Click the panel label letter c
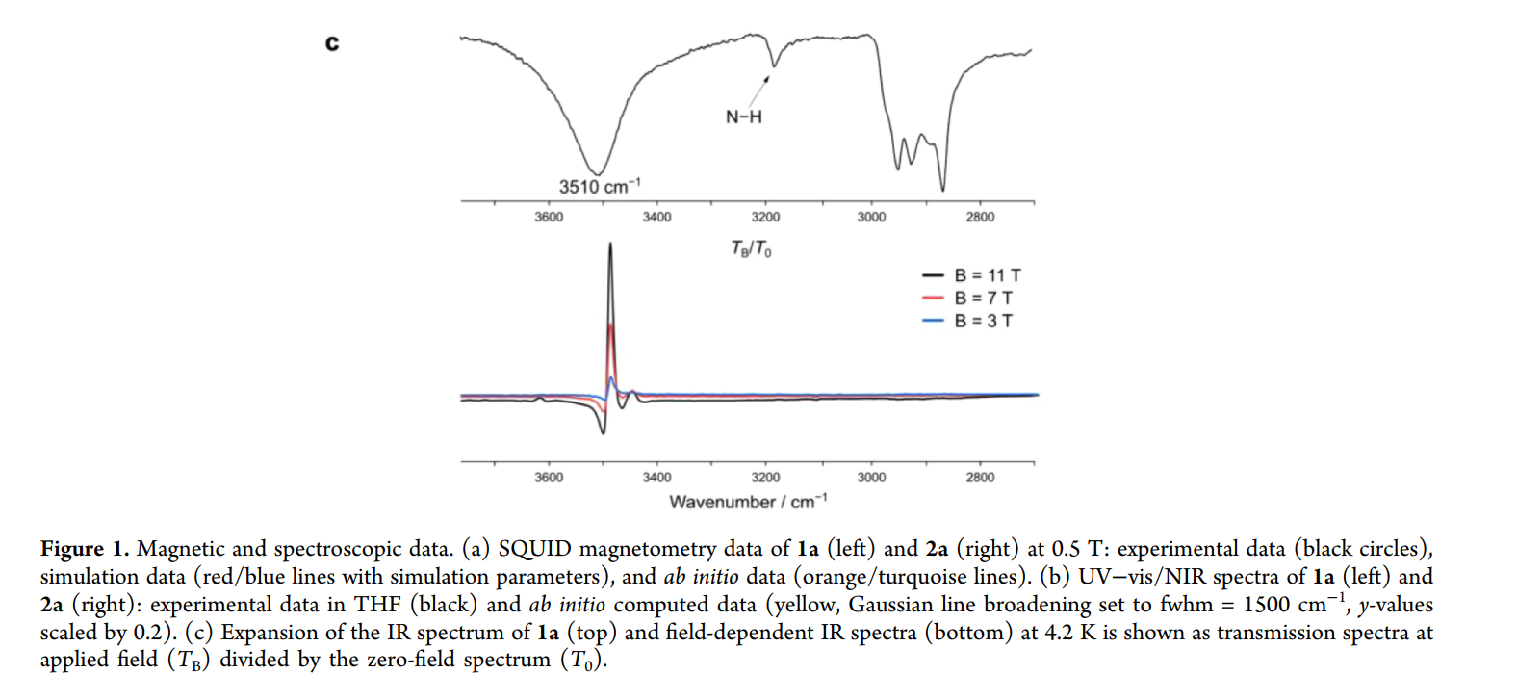(332, 44)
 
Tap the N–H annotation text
(743, 117)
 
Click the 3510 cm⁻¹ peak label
(599, 186)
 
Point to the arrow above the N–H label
(759, 90)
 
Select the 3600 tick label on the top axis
(549, 218)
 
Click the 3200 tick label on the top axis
(765, 218)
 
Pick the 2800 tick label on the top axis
(980, 218)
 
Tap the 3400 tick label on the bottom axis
(656, 478)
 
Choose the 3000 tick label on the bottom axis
(871, 478)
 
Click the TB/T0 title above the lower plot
(751, 248)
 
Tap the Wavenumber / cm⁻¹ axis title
(747, 502)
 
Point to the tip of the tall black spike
(610, 245)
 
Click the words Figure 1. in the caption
(85, 549)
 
